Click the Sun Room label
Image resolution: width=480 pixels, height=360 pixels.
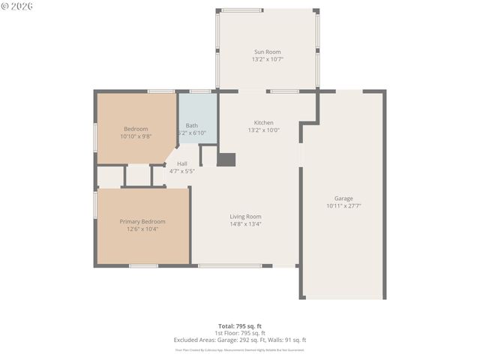268,52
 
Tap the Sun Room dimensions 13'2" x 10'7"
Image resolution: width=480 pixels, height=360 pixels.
268,59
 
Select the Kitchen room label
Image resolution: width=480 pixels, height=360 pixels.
263,122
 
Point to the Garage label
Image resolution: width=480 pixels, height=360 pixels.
343,198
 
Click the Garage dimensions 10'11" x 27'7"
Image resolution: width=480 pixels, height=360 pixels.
343,205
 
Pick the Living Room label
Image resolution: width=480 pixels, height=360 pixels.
245,216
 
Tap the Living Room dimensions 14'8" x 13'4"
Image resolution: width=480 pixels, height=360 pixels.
245,223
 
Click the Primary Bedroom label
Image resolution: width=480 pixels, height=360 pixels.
142,221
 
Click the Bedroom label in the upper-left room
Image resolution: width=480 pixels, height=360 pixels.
136,128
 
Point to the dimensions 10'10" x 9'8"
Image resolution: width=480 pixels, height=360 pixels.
136,136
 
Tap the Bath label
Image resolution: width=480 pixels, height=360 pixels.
192,125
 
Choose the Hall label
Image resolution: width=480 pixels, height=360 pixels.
181,163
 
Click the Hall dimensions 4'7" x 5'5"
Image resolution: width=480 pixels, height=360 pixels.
181,171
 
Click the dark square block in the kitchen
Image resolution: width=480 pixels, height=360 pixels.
226,159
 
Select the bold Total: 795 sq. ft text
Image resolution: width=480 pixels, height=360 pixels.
240,326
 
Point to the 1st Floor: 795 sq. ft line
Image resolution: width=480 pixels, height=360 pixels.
240,333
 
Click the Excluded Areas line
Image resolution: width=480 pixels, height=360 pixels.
240,340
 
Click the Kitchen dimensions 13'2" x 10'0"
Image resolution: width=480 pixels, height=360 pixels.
263,130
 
